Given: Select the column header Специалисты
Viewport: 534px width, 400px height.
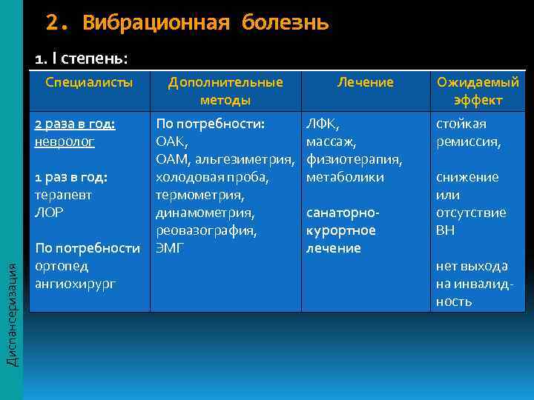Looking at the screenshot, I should point(89,82).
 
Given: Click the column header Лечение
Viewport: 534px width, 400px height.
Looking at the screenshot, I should point(366,82).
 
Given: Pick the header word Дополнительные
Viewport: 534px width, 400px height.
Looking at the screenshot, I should point(225,82).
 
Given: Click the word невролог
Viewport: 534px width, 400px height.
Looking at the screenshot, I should point(65,141).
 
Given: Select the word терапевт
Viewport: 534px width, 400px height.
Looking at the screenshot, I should point(65,195).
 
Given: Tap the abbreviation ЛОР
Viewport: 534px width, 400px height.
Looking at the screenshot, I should point(50,213).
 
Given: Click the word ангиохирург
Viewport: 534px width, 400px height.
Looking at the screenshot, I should point(76,283).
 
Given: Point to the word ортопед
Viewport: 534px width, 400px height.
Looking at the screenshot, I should point(62,265).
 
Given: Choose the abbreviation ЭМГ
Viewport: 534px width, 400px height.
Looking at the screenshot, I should point(170,248).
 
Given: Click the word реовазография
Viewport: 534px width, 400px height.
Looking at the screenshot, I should point(206,230).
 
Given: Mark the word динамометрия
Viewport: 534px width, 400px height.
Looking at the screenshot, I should point(205,213).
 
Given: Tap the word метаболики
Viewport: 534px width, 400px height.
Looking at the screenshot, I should point(345,177).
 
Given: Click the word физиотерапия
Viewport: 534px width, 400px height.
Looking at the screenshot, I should point(354,159).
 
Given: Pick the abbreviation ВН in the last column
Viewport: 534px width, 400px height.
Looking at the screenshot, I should point(446,230).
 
